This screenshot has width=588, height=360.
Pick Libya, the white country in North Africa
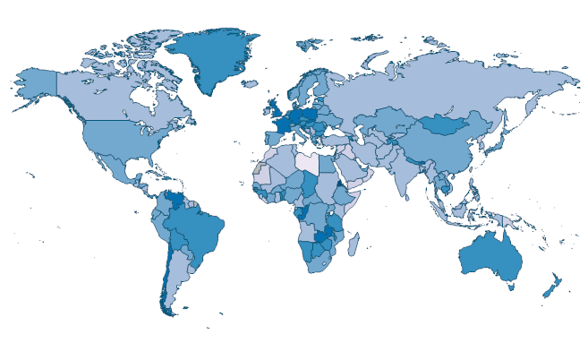coord(308,164)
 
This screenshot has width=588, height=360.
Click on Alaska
coord(36,83)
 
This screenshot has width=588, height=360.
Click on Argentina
coord(175,273)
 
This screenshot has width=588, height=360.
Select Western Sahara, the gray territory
coord(259,168)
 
